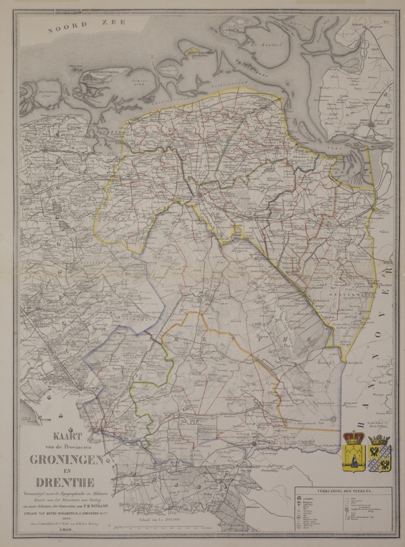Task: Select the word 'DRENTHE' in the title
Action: [65, 482]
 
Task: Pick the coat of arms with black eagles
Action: [379, 451]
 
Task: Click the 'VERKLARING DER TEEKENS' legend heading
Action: [344, 492]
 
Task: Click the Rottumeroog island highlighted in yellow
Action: [199, 53]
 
